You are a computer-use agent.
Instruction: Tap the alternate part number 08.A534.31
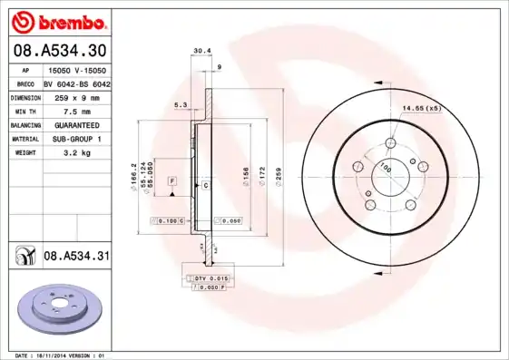[77, 257]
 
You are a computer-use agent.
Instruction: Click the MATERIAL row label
[24, 140]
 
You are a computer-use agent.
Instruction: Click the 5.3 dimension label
[180, 106]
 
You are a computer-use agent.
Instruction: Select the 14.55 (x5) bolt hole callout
[421, 110]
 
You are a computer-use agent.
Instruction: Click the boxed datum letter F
[171, 182]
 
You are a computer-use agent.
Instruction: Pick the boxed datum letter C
[205, 185]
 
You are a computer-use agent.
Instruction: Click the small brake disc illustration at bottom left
[54, 307]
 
